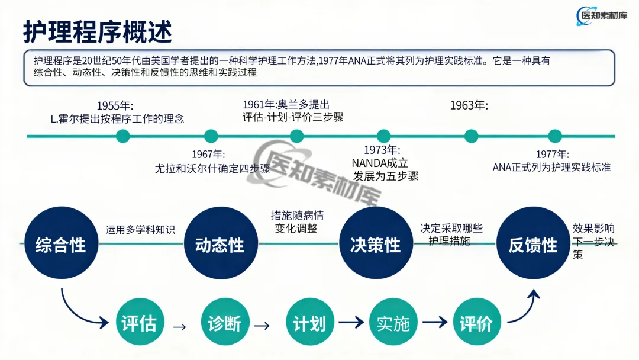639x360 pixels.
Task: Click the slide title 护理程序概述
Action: [98, 32]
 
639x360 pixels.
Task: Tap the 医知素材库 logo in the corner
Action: [602, 16]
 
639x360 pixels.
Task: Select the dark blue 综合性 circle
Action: [61, 243]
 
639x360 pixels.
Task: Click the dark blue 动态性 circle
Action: [221, 243]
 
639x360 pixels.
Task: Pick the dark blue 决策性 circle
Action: [376, 243]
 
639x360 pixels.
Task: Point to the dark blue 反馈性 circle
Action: [532, 243]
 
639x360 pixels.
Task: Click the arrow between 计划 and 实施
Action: [351, 323]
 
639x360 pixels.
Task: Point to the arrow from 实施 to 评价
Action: [435, 323]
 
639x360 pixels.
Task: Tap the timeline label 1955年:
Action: [115, 106]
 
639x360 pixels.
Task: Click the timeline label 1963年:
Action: [469, 105]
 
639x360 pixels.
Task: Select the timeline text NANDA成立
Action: [380, 163]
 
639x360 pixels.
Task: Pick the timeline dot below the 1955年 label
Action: [122, 136]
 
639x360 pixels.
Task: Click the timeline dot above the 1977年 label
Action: [555, 136]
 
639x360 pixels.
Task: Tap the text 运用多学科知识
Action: [140, 230]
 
